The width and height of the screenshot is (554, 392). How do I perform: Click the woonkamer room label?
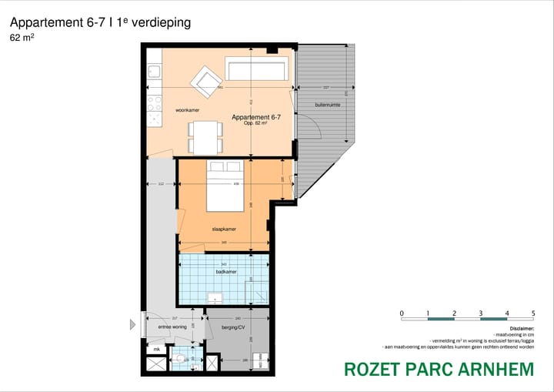click(x=188, y=110)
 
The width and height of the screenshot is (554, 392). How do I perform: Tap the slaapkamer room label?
click(x=224, y=230)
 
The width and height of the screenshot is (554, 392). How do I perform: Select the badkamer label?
click(x=225, y=272)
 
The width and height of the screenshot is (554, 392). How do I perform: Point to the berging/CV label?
click(x=232, y=327)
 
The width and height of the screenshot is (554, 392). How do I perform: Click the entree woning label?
click(x=172, y=327)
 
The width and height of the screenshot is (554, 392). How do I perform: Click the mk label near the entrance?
click(x=156, y=349)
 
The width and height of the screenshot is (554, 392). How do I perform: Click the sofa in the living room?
click(x=255, y=69)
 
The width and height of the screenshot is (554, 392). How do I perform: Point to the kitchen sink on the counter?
click(x=154, y=72)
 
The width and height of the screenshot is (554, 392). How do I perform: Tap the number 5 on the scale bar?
click(x=533, y=313)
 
